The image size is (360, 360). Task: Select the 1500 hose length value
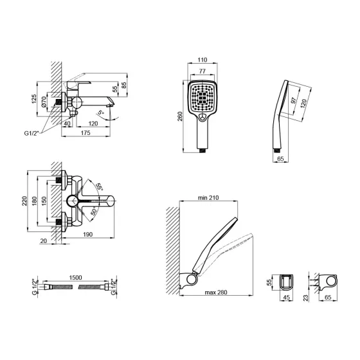coord(75,277)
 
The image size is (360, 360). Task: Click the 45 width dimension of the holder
coord(286,298)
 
